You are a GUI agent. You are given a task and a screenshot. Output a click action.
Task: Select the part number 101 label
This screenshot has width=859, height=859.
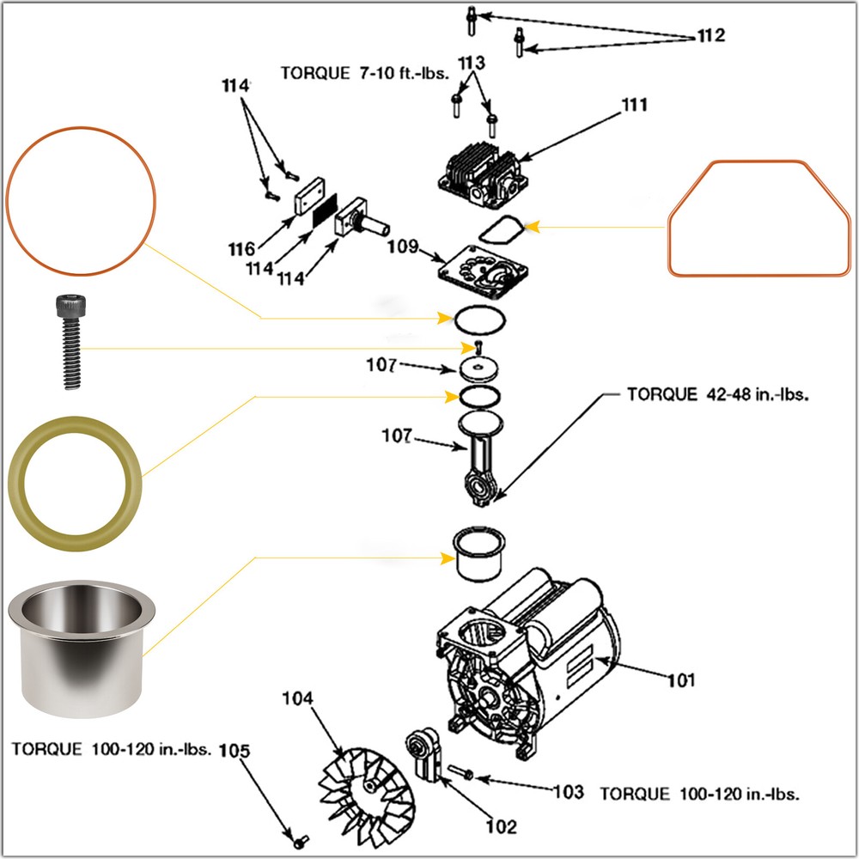point(681,680)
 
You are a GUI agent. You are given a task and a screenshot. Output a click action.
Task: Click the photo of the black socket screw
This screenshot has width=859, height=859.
point(70,340)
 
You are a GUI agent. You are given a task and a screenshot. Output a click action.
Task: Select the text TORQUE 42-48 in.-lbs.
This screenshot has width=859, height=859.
point(718,395)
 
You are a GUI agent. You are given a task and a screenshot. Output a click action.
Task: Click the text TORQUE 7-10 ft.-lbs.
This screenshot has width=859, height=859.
point(365,72)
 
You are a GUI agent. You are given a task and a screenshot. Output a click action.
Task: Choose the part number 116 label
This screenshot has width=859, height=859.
point(241,249)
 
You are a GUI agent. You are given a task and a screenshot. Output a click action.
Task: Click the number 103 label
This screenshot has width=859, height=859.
point(567,792)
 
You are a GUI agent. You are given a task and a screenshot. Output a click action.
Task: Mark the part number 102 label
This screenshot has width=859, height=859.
point(501,826)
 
